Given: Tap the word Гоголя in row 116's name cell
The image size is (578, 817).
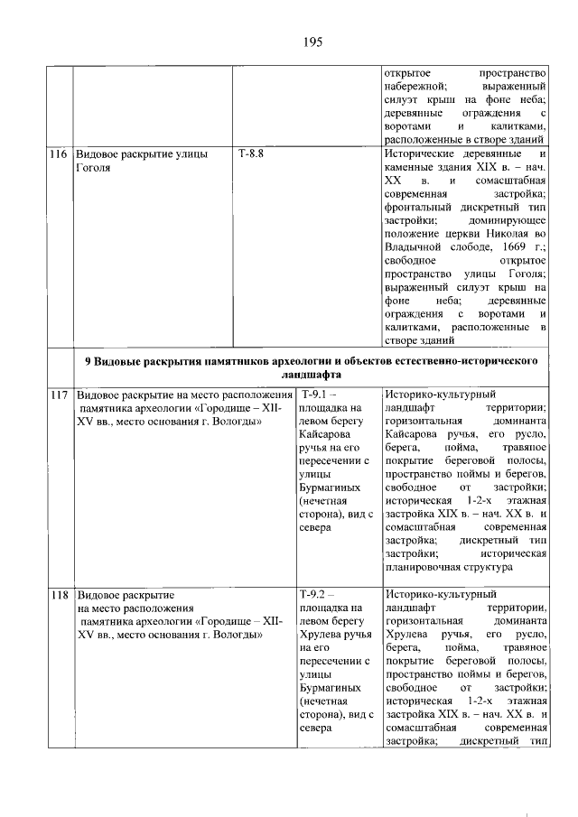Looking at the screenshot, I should [x=93, y=168].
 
